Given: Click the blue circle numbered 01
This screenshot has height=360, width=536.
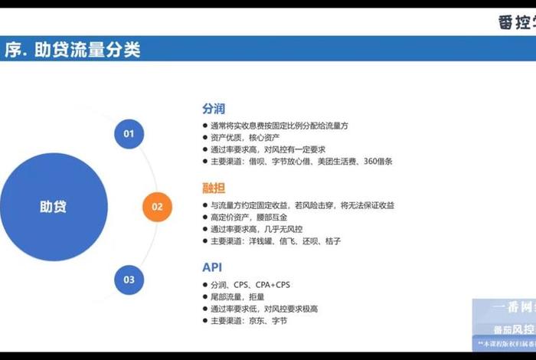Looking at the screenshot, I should click(x=129, y=134).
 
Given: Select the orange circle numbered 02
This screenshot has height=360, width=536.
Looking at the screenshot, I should click(x=157, y=206).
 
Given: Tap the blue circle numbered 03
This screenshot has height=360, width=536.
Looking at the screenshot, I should click(x=129, y=279).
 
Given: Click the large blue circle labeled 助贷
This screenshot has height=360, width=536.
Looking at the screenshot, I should click(x=53, y=206).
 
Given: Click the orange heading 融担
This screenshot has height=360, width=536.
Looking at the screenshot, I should click(x=214, y=188).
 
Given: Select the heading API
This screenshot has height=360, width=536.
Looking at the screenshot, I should click(x=212, y=267).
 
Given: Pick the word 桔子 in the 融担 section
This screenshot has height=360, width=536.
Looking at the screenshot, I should click(x=332, y=241).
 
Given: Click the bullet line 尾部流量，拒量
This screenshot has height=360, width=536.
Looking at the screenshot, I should click(x=237, y=297).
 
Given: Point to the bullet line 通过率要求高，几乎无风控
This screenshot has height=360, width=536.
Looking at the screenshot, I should click(x=257, y=229).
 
